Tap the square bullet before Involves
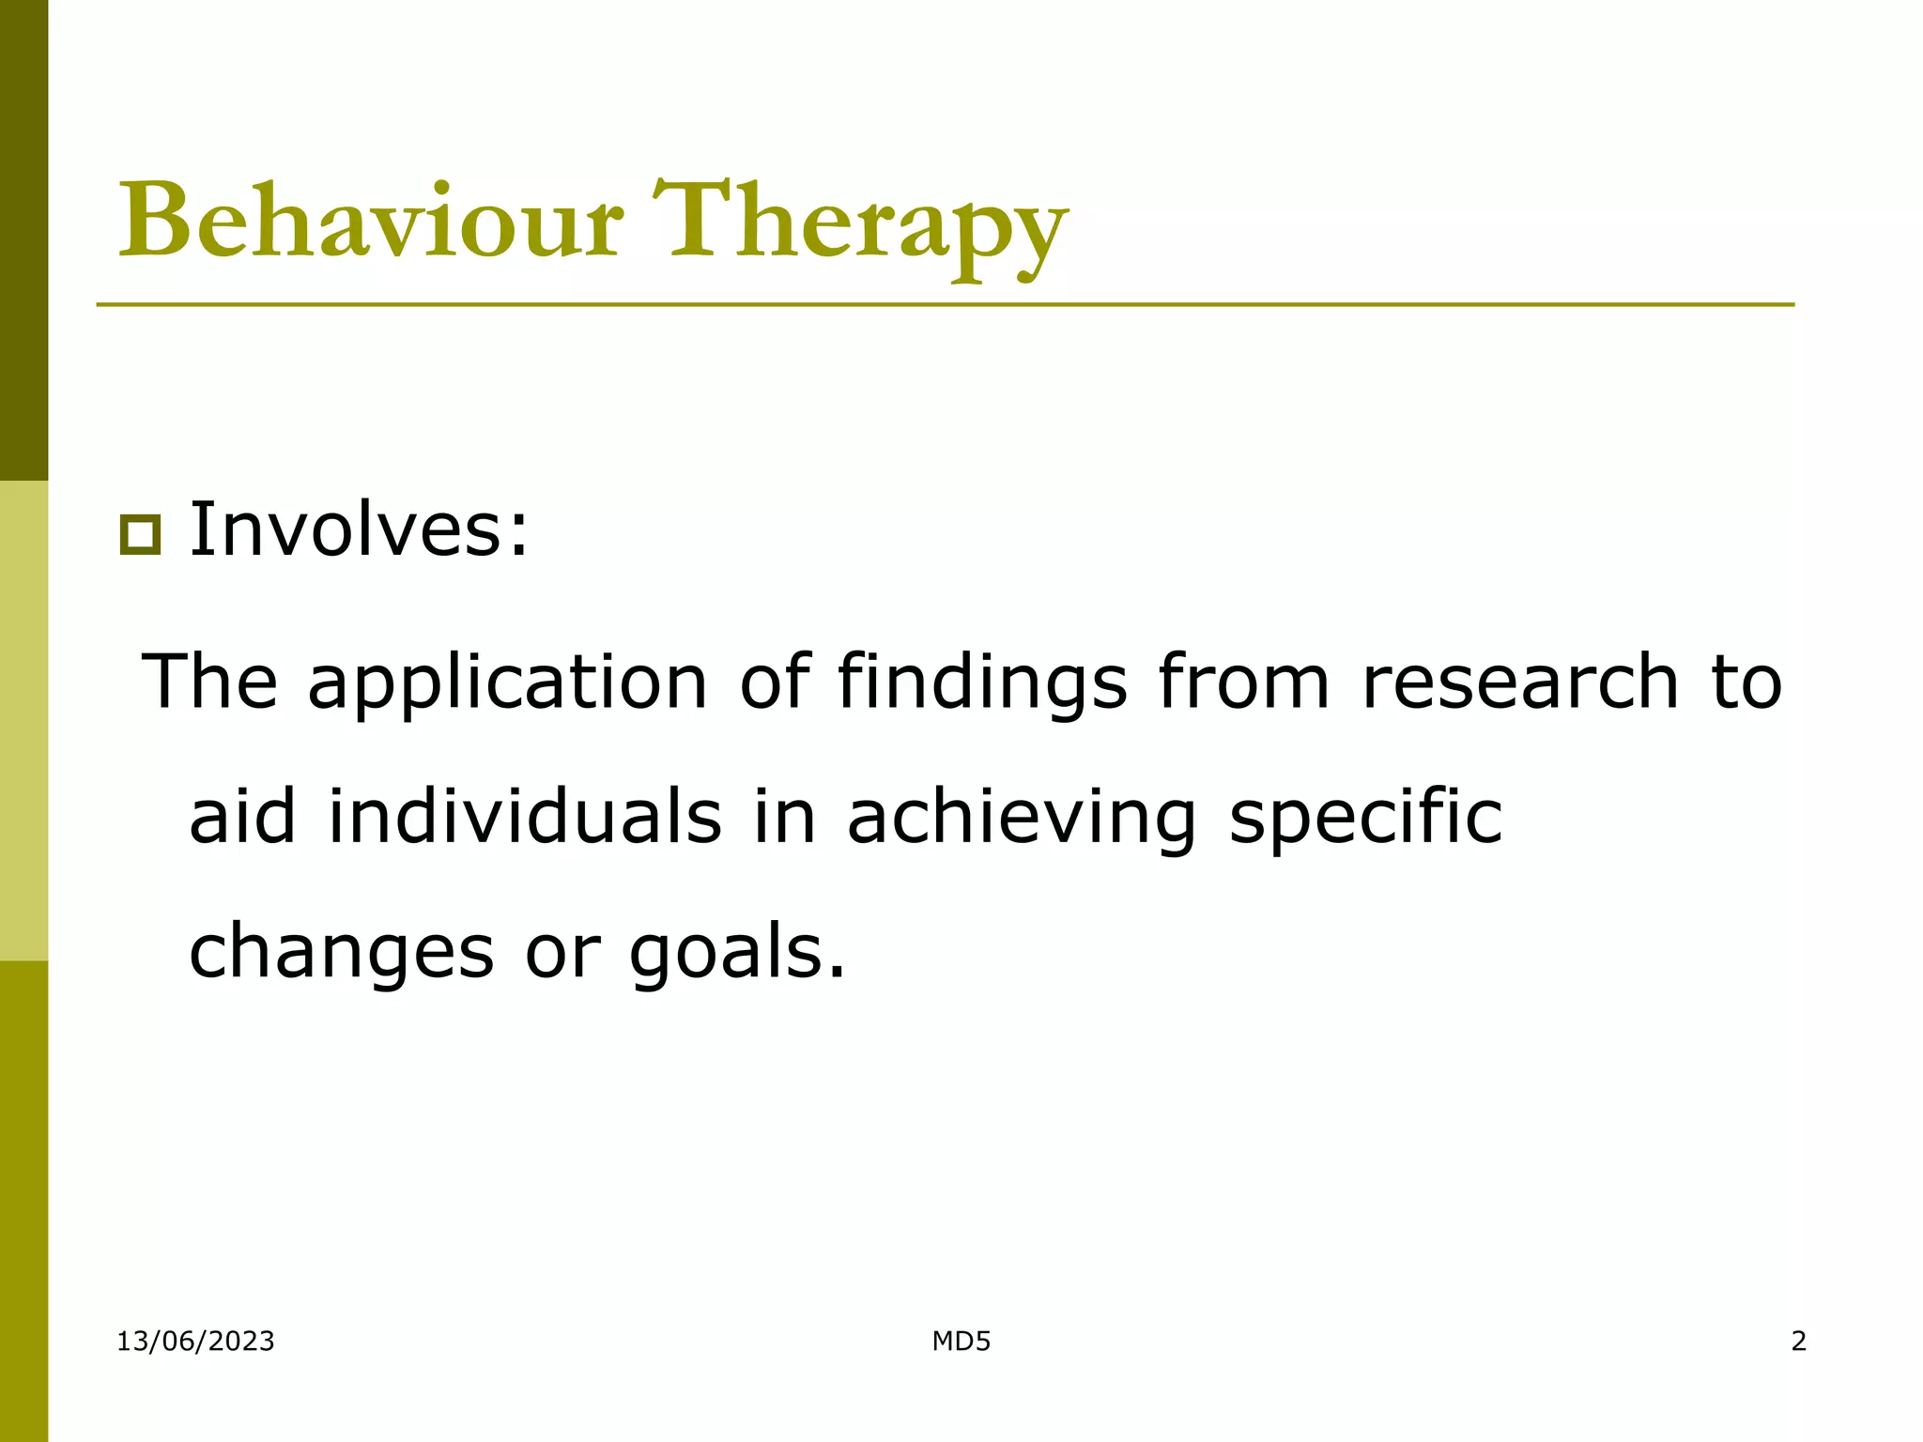pos(140,535)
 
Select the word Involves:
pos(360,530)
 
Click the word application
pos(507,683)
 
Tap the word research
pos(1519,683)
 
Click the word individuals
pos(525,817)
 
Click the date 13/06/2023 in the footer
pos(195,1342)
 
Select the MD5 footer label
pos(961,1342)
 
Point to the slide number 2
pos(1798,1342)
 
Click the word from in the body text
pos(1243,683)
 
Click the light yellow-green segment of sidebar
pos(23,720)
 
